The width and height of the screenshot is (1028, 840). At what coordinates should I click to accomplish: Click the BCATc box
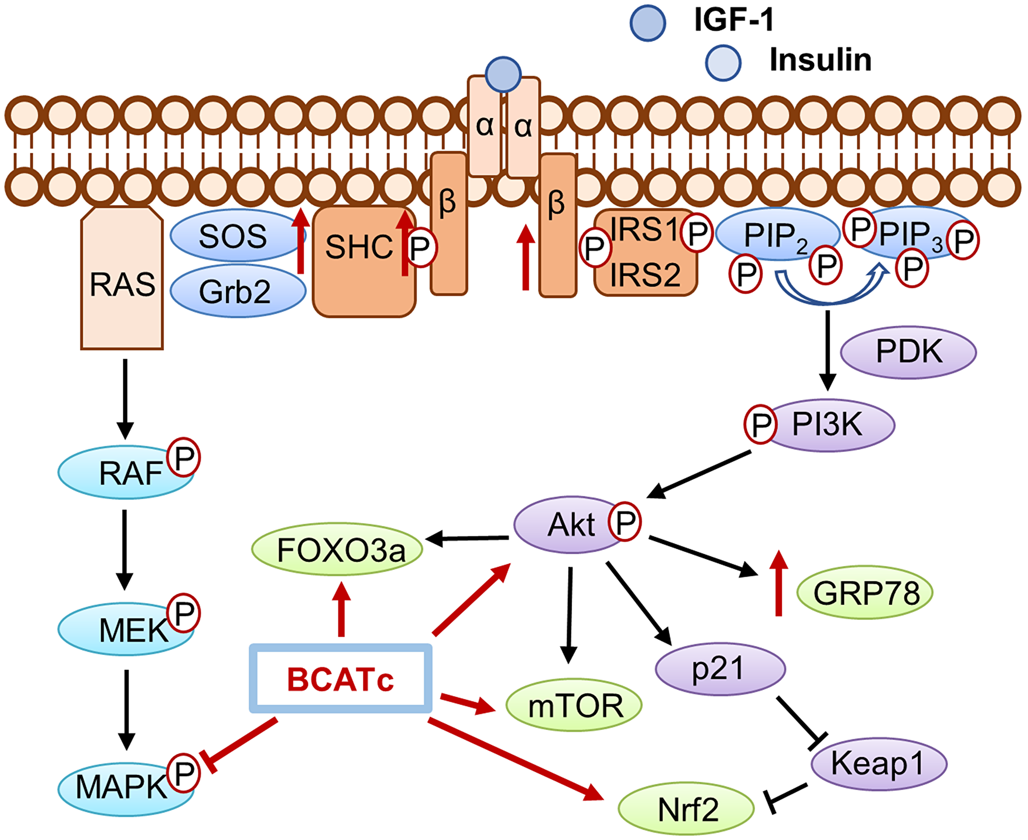click(340, 679)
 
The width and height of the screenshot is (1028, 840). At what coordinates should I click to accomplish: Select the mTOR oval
click(574, 705)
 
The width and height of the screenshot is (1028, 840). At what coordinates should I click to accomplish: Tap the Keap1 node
click(878, 763)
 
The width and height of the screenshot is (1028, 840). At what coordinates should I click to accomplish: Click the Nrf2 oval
click(686, 810)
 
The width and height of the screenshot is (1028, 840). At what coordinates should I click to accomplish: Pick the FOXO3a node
click(337, 550)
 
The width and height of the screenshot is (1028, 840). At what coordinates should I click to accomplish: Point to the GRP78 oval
click(865, 593)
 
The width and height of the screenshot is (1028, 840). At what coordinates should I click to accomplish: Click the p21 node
click(720, 669)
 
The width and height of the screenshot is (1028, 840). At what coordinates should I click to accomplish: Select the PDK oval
click(908, 352)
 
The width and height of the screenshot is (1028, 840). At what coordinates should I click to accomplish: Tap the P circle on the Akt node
click(625, 522)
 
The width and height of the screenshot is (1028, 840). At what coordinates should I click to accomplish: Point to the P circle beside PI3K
click(760, 424)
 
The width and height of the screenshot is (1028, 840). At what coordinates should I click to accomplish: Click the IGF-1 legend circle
click(648, 23)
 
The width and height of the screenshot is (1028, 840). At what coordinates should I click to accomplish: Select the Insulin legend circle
click(723, 62)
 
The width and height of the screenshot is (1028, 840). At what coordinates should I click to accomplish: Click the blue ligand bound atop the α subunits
click(503, 75)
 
